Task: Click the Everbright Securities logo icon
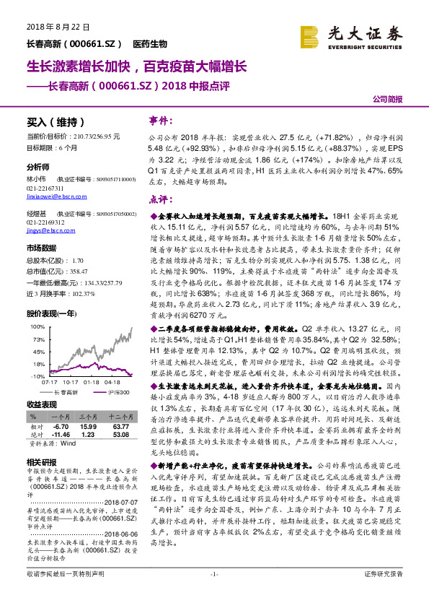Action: pos(309,34)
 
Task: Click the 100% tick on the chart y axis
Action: pos(36,327)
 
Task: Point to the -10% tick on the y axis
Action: pos(37,376)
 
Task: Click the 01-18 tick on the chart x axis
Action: pos(91,383)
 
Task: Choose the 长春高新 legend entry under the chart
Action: pos(71,391)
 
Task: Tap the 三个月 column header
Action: pos(89,417)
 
